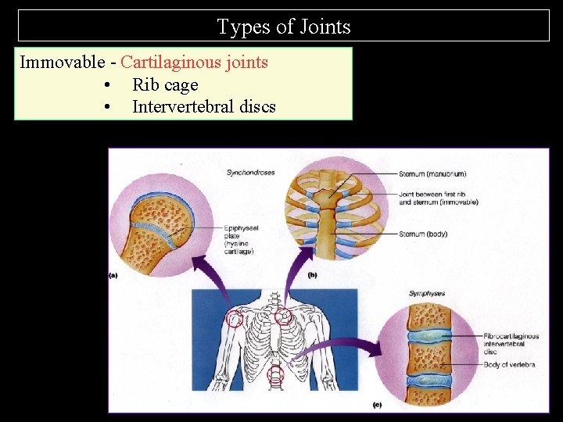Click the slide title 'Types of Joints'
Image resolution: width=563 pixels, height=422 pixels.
point(284,27)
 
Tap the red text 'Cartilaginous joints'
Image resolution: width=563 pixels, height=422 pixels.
point(195,62)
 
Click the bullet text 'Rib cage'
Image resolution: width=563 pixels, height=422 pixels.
point(165,84)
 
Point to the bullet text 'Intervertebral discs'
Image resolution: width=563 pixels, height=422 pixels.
point(204,106)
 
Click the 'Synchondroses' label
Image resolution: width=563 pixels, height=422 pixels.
point(250,173)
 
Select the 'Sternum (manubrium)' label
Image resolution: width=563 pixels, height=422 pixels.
point(432,173)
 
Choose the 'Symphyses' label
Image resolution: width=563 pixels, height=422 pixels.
point(427,294)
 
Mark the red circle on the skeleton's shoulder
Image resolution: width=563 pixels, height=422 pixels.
point(234,318)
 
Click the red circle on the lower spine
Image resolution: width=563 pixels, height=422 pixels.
point(276,377)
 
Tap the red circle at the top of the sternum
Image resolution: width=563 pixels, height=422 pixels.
point(283,316)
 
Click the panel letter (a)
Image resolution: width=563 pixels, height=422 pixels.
point(113,275)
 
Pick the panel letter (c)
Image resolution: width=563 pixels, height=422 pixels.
point(378,405)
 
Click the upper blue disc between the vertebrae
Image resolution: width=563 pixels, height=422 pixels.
point(428,337)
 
